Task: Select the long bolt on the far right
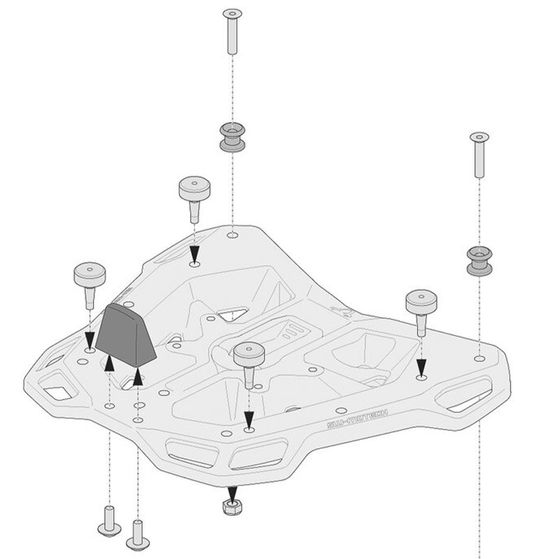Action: (479, 154)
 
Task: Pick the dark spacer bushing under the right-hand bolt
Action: (479, 261)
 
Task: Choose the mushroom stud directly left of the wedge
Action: (89, 282)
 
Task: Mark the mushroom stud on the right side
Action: (421, 310)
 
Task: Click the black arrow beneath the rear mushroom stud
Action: (194, 253)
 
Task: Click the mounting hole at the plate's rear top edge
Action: (232, 236)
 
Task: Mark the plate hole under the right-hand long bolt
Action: (479, 358)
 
